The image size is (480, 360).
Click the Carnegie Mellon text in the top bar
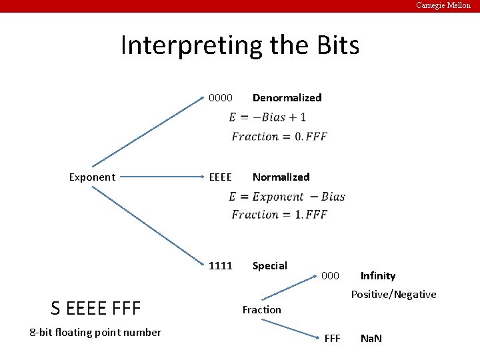tap(443, 5)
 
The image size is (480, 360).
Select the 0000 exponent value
tap(221, 98)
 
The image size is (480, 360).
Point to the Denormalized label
tap(287, 98)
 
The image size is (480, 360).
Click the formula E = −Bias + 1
tap(267, 117)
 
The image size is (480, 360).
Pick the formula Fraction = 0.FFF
tap(279, 137)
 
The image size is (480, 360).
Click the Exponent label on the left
tap(92, 177)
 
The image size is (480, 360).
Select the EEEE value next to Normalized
tap(221, 177)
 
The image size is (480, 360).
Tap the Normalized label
tap(281, 177)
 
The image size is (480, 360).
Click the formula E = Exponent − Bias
tap(287, 197)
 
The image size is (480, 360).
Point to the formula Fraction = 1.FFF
tap(279, 215)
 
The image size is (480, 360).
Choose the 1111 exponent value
tap(221, 266)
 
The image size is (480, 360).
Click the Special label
tap(269, 266)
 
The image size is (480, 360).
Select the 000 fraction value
tap(331, 276)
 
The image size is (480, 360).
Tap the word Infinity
tap(378, 276)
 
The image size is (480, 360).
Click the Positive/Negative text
tap(394, 295)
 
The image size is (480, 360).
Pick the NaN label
tap(371, 339)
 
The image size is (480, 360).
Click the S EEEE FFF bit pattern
tap(96, 309)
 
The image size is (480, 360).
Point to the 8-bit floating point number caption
tap(95, 333)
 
